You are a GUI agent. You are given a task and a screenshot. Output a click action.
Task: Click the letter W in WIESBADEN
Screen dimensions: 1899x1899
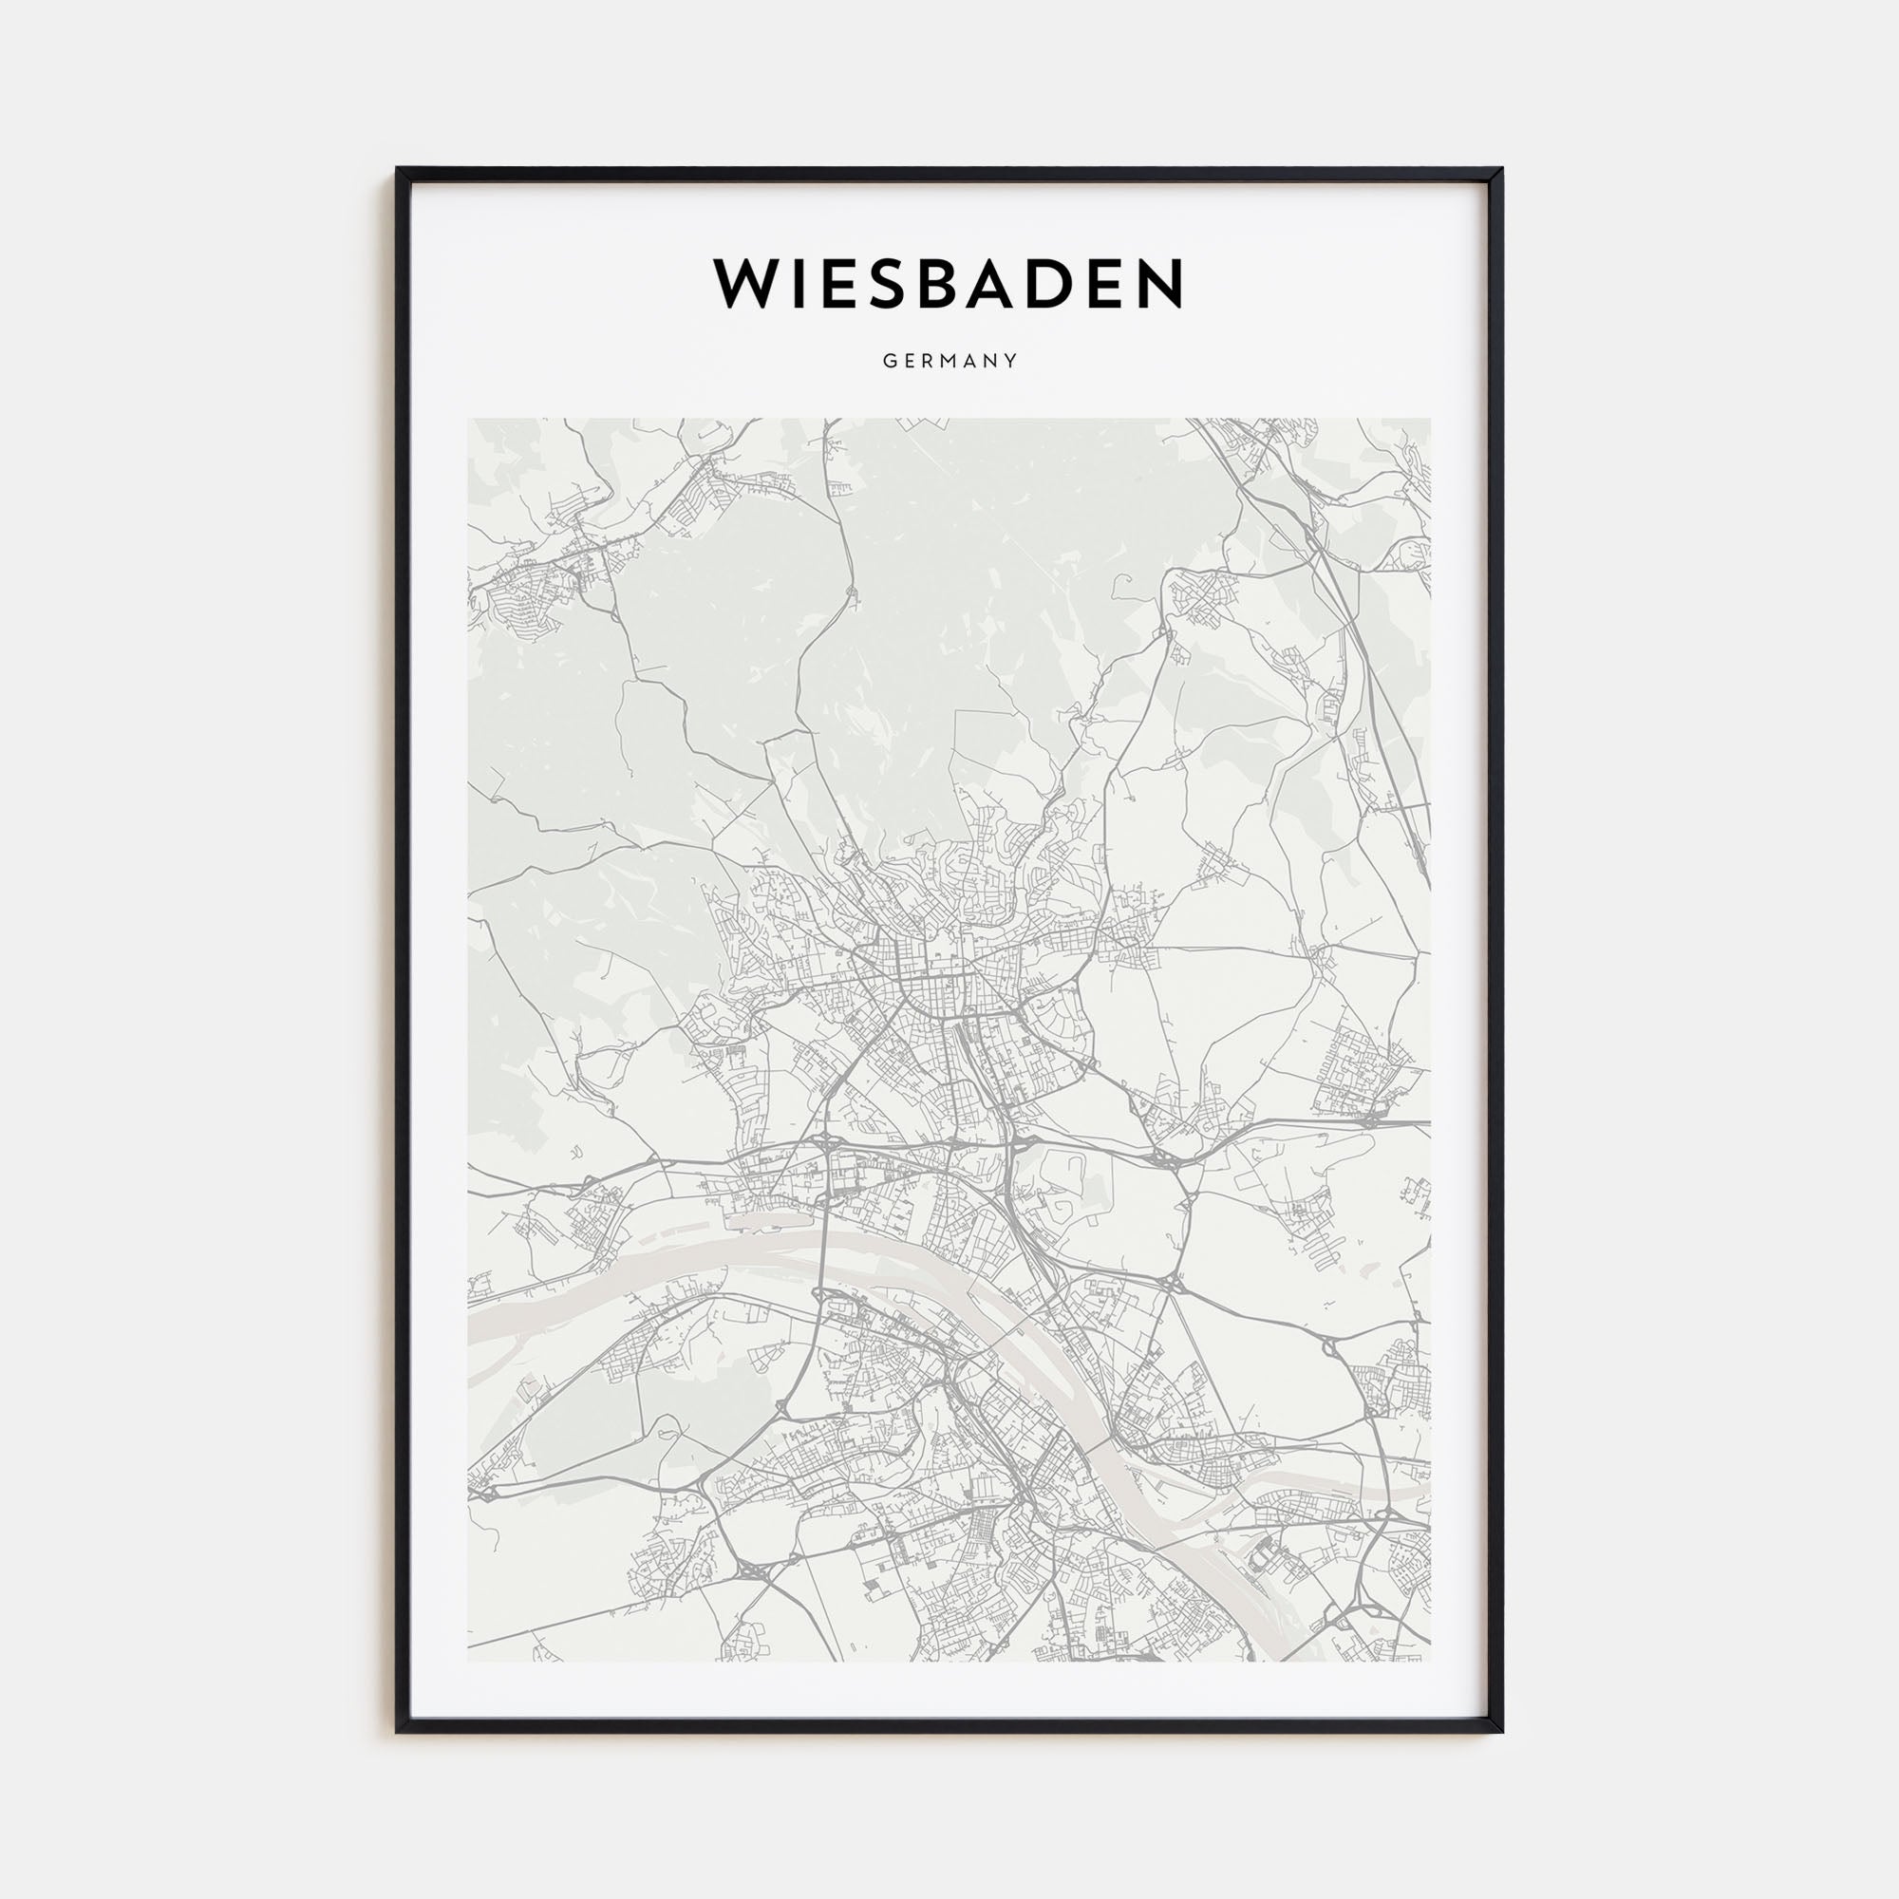coord(748,284)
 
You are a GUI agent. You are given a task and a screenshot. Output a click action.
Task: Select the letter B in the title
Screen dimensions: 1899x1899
coord(943,284)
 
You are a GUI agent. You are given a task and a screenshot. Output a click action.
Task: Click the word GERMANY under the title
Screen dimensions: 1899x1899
coord(949,361)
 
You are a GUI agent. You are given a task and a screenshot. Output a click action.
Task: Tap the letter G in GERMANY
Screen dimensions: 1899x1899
coord(888,361)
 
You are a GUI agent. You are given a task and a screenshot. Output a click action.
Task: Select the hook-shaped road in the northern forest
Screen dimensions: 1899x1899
coord(1120,590)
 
